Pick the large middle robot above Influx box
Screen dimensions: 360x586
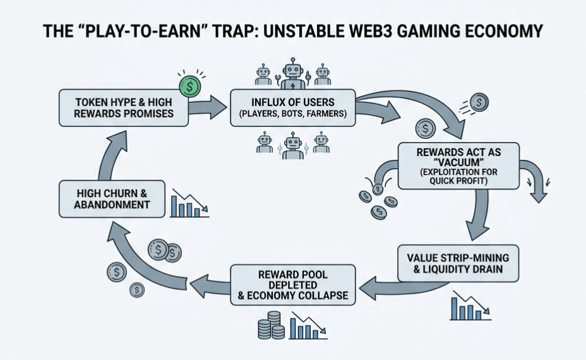point(291,75)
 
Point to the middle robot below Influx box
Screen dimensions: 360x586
point(292,146)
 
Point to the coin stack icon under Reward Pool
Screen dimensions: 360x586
point(272,325)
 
